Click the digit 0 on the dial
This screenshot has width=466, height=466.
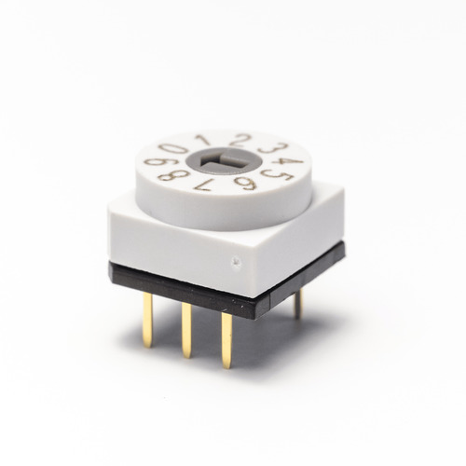pyautogui.click(x=173, y=151)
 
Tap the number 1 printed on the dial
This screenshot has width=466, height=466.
pyautogui.click(x=204, y=140)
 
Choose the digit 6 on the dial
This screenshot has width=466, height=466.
pyautogui.click(x=245, y=184)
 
